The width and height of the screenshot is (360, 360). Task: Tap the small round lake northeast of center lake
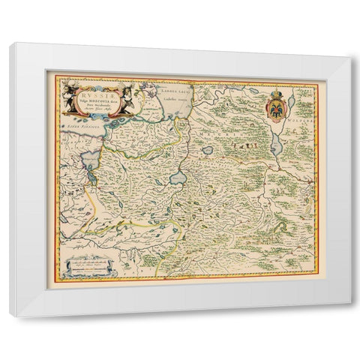(x=208, y=150)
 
